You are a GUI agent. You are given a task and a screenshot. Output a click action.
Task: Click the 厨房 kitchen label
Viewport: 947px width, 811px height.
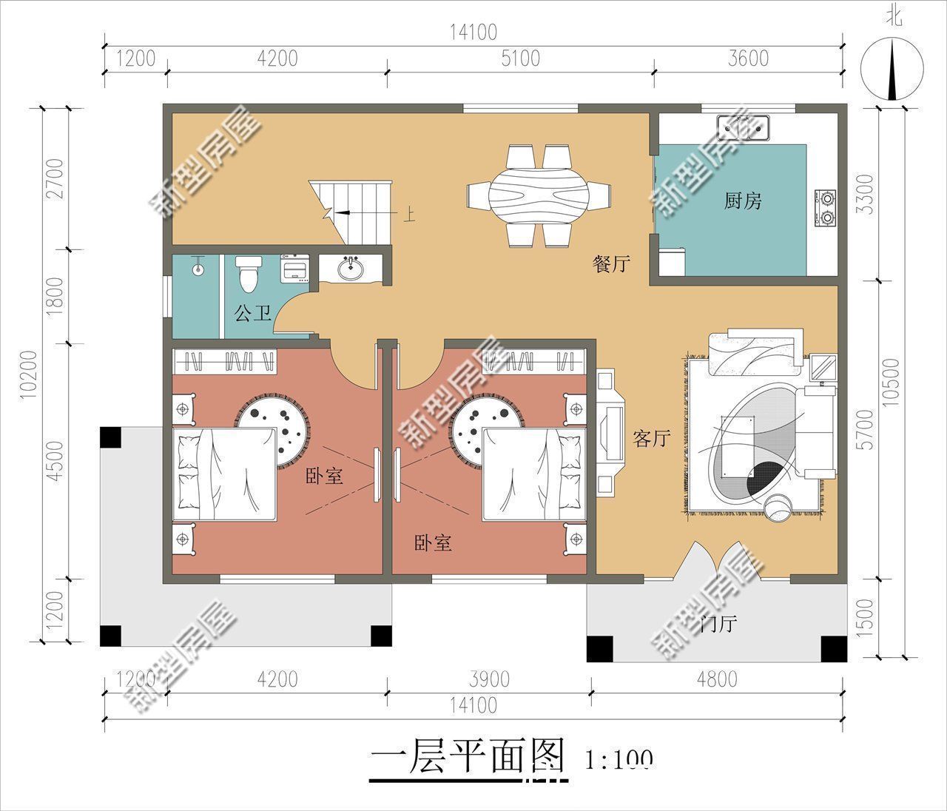click(742, 201)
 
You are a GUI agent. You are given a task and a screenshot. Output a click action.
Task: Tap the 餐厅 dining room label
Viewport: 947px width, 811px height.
click(611, 263)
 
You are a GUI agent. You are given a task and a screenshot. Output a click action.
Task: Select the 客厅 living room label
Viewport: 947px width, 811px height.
click(651, 438)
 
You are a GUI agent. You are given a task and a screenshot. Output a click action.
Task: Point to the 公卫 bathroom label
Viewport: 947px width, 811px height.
click(253, 314)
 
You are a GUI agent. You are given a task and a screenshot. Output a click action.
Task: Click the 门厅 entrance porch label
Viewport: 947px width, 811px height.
click(718, 624)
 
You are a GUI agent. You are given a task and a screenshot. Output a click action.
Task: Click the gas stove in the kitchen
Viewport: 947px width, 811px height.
click(826, 207)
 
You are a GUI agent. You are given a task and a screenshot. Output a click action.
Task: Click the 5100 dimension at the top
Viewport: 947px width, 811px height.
click(520, 58)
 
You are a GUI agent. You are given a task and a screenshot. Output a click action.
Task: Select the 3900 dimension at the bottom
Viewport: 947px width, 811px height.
click(489, 679)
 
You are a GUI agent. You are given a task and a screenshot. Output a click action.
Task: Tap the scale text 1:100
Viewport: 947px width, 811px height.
click(619, 759)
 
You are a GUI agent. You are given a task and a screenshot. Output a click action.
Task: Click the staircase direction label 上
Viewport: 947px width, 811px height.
click(408, 215)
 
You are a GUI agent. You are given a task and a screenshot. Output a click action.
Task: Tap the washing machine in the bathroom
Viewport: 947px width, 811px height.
click(297, 269)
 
